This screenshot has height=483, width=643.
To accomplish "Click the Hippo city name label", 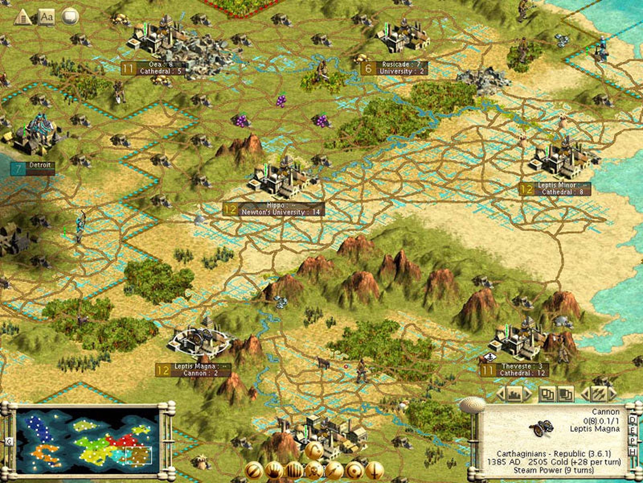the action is (x=275, y=205).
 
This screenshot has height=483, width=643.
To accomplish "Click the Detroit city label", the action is (x=39, y=165).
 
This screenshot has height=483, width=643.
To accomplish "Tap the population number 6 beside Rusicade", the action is (x=368, y=68).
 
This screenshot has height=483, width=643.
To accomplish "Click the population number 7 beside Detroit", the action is (x=18, y=169).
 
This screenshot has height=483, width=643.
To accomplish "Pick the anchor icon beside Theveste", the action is (x=490, y=357).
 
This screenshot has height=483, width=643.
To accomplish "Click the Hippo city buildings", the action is (x=279, y=178).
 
